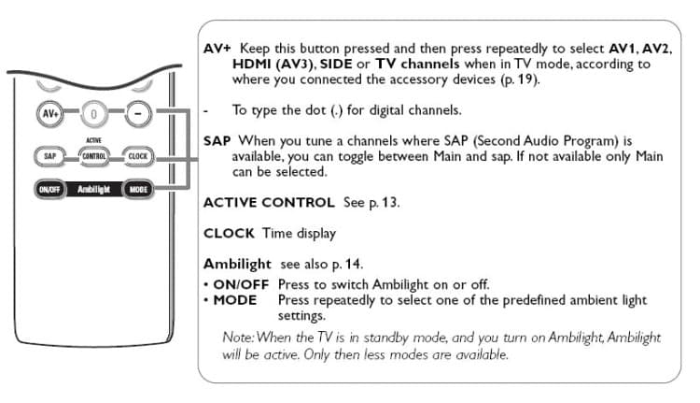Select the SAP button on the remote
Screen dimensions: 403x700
(x=49, y=154)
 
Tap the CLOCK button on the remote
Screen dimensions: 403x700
(x=138, y=155)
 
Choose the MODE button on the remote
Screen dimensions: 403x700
(x=138, y=188)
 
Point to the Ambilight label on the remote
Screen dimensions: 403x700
(x=93, y=188)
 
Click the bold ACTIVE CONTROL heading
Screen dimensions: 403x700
(x=268, y=202)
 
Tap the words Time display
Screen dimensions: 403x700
(x=295, y=232)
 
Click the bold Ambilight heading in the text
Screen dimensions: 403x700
(x=238, y=265)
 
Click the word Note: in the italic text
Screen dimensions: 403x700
(x=240, y=338)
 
